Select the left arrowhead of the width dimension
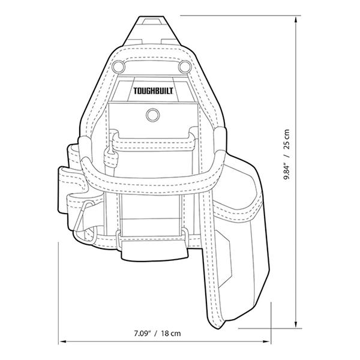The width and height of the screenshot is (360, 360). pos(61,342)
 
